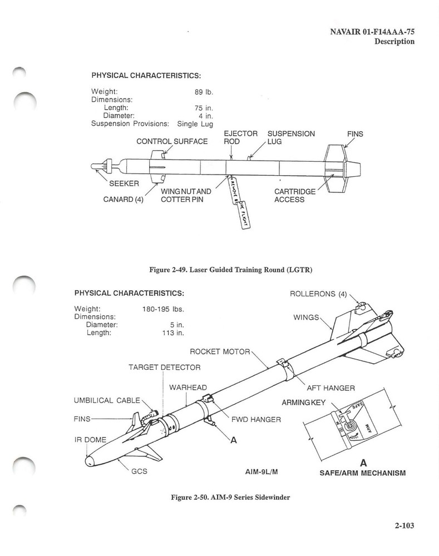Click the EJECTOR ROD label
pyautogui.click(x=240, y=137)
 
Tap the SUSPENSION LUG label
pyautogui.click(x=291, y=137)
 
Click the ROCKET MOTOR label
pyautogui.click(x=221, y=351)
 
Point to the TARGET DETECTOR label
pyautogui.click(x=164, y=367)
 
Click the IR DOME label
pyautogui.click(x=90, y=439)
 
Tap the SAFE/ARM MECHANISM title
pyautogui.click(x=362, y=473)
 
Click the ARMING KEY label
pyautogui.click(x=303, y=401)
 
